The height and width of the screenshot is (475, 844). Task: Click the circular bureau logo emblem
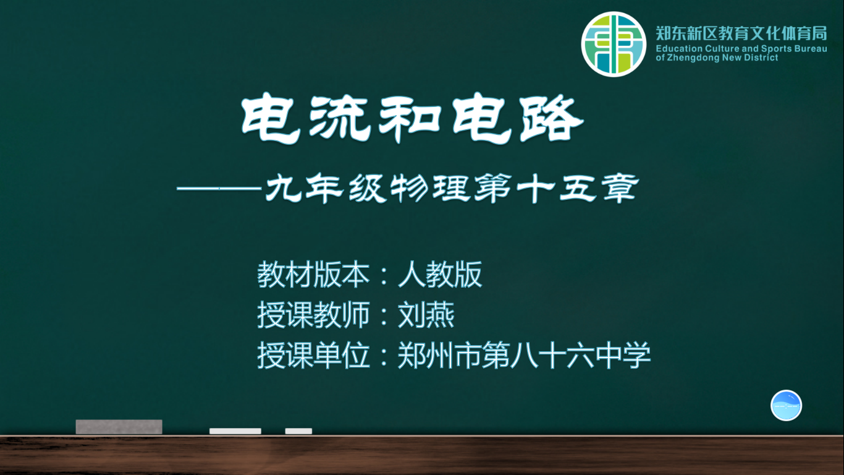(614, 44)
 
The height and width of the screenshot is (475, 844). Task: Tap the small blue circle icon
(786, 405)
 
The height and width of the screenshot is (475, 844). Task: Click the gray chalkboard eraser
(119, 427)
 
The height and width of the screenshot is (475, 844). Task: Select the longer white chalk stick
(235, 431)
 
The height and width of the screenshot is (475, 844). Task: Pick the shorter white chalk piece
(298, 431)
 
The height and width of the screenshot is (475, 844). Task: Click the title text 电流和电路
(412, 119)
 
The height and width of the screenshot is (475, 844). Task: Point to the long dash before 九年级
(219, 188)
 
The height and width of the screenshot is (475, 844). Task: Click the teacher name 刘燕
(426, 315)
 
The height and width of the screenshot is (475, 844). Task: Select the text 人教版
(440, 274)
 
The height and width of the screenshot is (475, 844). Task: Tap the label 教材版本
(313, 274)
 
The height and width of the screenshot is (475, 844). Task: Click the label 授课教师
(313, 315)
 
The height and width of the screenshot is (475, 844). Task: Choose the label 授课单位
(313, 356)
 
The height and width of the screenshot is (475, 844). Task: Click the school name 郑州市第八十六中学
(524, 356)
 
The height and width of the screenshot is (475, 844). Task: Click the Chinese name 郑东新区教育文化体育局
(741, 33)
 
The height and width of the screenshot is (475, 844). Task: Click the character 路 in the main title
(552, 119)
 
